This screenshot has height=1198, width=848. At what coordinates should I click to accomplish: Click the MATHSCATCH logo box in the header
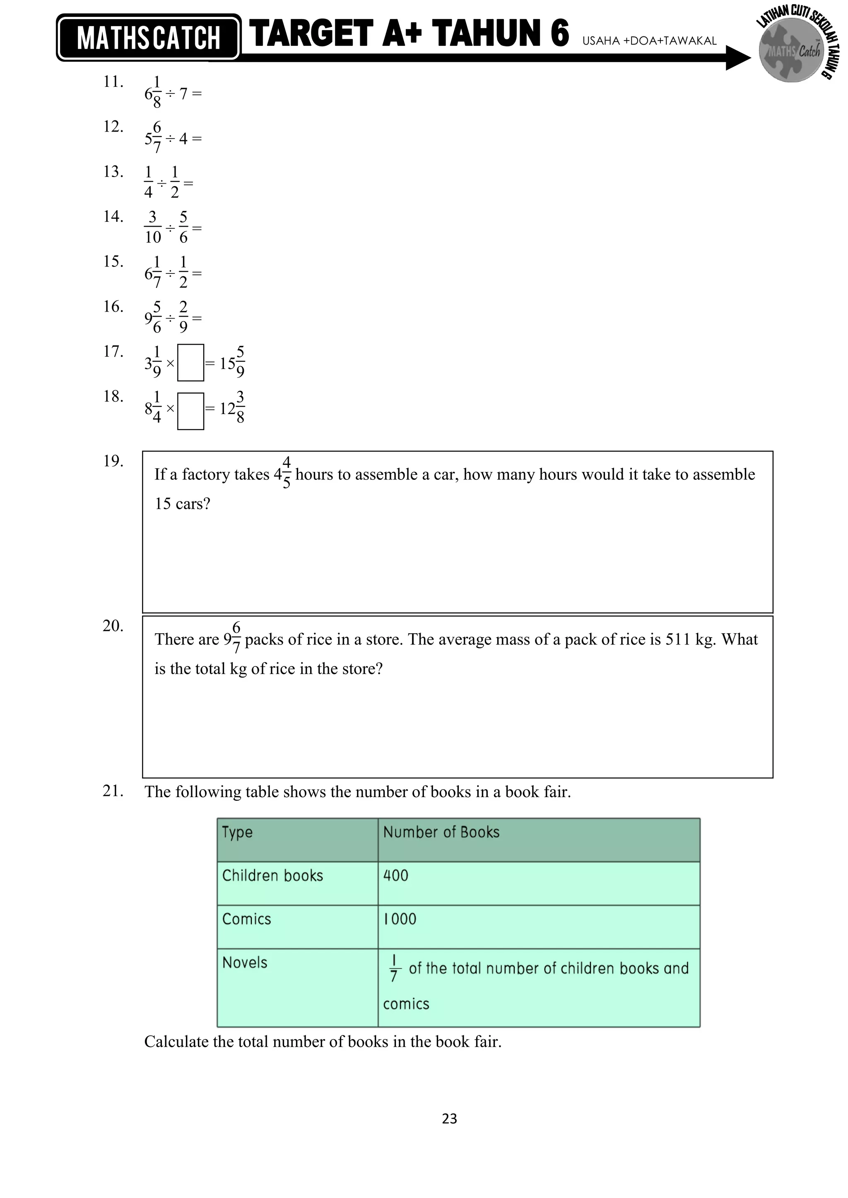coord(148,38)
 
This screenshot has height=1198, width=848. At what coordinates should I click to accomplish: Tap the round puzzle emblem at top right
coord(790,51)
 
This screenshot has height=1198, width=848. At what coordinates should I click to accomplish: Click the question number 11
coord(113,82)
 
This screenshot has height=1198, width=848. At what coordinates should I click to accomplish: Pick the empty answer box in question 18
coord(190,411)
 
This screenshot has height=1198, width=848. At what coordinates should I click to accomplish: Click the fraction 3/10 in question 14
coord(153,227)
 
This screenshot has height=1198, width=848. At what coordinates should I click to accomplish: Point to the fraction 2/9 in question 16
coord(183,317)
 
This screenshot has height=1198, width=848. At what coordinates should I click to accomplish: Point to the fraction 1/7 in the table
coord(394,968)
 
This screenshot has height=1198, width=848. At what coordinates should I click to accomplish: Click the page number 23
coord(449,1118)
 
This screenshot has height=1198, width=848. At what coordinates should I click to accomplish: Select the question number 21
coord(113,791)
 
